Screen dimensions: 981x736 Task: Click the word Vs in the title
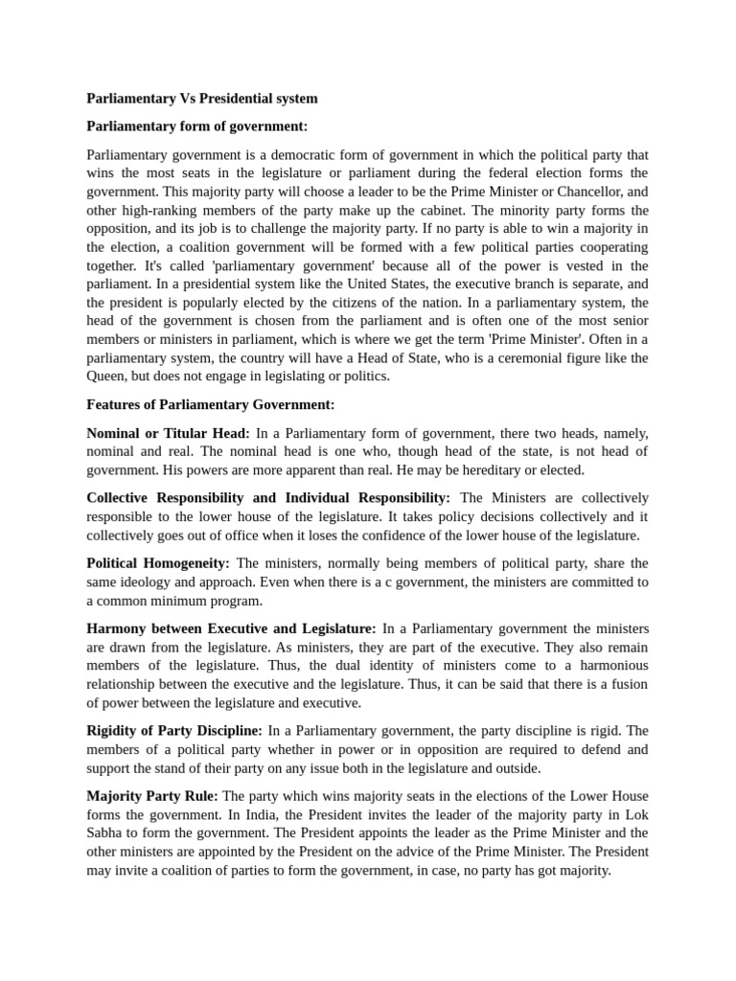(186, 98)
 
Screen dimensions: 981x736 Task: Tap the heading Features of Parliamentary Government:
(210, 404)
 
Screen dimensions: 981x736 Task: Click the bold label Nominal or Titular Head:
(168, 433)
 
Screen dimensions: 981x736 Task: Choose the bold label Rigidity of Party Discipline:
(174, 731)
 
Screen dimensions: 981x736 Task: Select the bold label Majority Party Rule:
(152, 796)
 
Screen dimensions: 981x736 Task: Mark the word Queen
(105, 376)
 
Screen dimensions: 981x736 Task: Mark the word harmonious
(609, 666)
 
